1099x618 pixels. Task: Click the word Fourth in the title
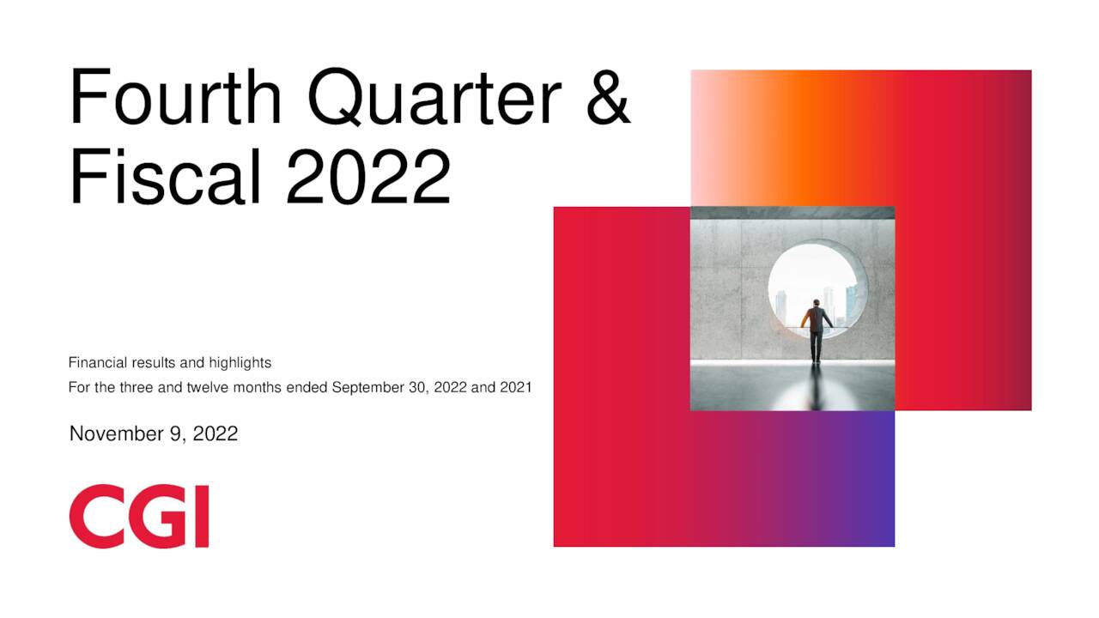click(x=177, y=98)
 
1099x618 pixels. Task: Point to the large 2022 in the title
click(x=368, y=175)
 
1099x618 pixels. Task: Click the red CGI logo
click(x=139, y=516)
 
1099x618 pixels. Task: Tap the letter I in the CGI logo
click(x=201, y=516)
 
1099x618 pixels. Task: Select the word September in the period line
click(x=367, y=387)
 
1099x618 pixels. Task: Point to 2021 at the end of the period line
click(x=515, y=387)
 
